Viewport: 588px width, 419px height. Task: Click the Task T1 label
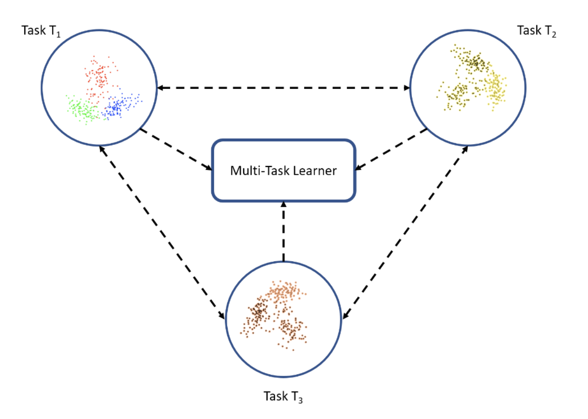43,31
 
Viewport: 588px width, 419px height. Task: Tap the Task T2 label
536,31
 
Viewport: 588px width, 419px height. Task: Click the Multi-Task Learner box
283,171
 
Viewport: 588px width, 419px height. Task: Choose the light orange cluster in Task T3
286,293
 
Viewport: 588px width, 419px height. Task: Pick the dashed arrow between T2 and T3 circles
405,232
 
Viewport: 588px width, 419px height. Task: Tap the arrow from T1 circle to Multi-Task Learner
176,150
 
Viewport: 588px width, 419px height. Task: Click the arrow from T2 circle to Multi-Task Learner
391,150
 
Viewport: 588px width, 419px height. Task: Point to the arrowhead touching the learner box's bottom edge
283,205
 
